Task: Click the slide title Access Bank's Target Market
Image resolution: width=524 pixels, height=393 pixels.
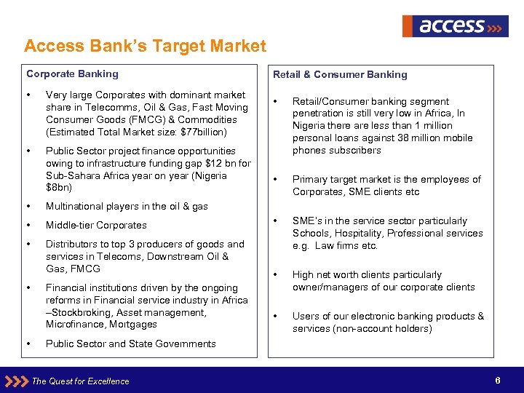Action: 145,47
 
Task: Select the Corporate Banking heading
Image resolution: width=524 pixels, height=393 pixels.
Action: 72,74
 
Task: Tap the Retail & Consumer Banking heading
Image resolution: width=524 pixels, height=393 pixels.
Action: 340,74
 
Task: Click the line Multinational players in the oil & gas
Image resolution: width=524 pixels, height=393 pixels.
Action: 127,207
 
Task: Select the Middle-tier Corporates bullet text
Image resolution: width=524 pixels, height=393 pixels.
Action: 96,226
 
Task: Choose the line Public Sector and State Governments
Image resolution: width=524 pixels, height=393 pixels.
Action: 130,344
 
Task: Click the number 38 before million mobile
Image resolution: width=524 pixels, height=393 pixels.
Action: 408,138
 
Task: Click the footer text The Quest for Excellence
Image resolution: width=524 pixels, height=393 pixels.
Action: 80,381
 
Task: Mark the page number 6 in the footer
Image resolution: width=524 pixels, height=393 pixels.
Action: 497,381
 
